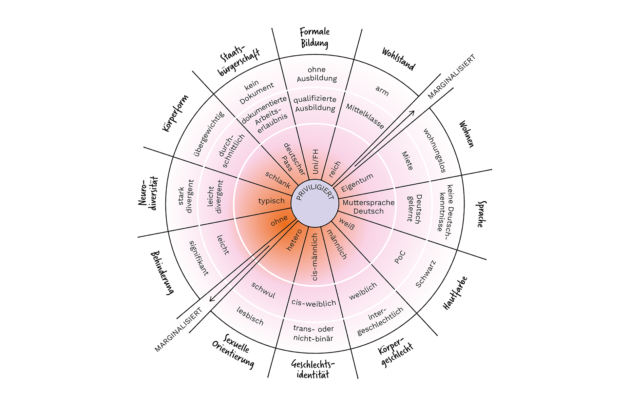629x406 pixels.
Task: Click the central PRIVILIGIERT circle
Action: pyautogui.click(x=314, y=203)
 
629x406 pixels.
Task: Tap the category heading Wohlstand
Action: pyautogui.click(x=398, y=59)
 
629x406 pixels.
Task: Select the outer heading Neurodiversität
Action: pyautogui.click(x=148, y=193)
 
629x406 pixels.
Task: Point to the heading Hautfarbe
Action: pyautogui.click(x=455, y=293)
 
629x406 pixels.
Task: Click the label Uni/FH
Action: pyautogui.click(x=315, y=161)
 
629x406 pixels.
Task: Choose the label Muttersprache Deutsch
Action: pyautogui.click(x=368, y=207)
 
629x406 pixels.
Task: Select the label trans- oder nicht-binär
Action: pyautogui.click(x=313, y=333)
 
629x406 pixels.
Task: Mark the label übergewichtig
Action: pyautogui.click(x=209, y=134)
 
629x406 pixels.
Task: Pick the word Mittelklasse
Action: pyautogui.click(x=365, y=116)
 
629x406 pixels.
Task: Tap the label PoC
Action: pyautogui.click(x=400, y=257)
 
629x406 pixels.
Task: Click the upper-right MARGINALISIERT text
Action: pyautogui.click(x=451, y=77)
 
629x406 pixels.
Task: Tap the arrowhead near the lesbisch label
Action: pyautogui.click(x=212, y=299)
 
